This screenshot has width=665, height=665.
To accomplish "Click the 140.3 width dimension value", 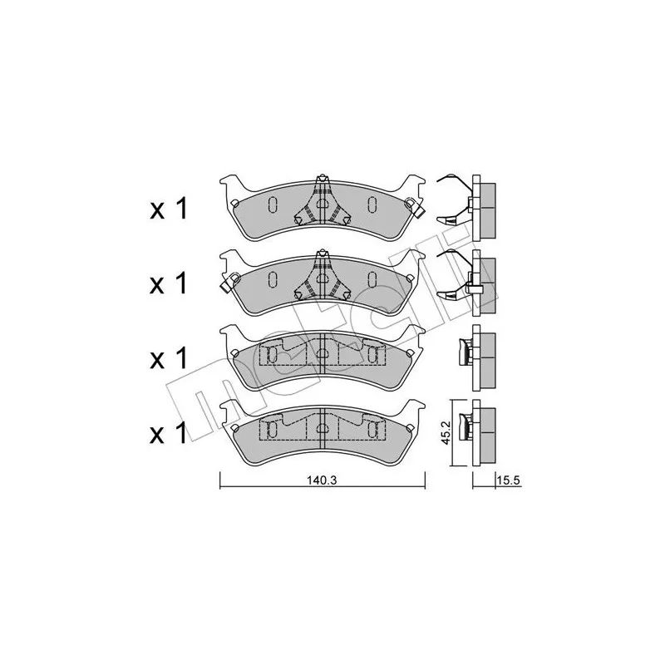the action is pyautogui.click(x=322, y=480).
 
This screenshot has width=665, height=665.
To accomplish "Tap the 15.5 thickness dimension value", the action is pyautogui.click(x=508, y=481).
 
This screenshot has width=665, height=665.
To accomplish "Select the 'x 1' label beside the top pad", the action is pyautogui.click(x=169, y=209).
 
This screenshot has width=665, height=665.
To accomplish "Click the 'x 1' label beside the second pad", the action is pyautogui.click(x=169, y=283).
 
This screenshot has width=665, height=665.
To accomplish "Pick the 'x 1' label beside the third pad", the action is pyautogui.click(x=169, y=358).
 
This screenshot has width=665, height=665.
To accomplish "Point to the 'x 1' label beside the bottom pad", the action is pyautogui.click(x=169, y=433).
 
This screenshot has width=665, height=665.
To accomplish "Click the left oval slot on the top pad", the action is pyautogui.click(x=273, y=204).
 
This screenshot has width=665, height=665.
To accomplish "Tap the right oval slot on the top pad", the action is pyautogui.click(x=372, y=204).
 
